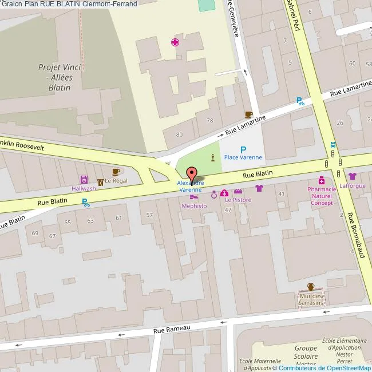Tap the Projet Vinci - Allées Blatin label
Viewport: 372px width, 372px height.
pos(60,77)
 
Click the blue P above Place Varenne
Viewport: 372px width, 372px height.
pos(243,149)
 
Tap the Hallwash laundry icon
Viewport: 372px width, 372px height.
pos(84,179)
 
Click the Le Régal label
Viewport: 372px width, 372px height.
pos(116,181)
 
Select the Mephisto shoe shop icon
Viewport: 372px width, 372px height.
pos(194,197)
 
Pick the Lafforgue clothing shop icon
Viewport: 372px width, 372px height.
pos(352,176)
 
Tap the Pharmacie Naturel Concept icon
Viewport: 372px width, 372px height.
pos(322,180)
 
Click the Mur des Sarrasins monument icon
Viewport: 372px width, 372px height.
pos(311,287)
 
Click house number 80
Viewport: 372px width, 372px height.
pos(179,134)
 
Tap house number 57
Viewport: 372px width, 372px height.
pos(149,215)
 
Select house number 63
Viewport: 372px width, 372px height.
pos(90,220)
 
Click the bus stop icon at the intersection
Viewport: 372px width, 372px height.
pos(333,145)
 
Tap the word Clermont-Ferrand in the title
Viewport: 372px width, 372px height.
pos(117,4)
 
